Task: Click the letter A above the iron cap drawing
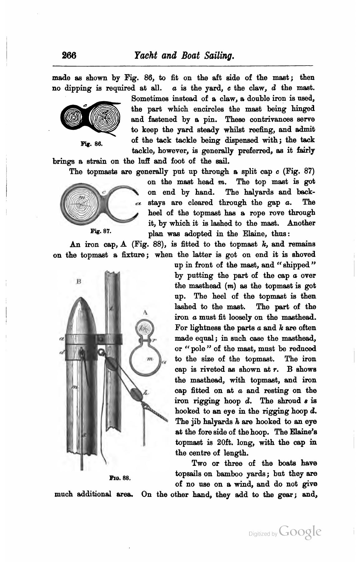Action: point(145,312)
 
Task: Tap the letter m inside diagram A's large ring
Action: point(150,359)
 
